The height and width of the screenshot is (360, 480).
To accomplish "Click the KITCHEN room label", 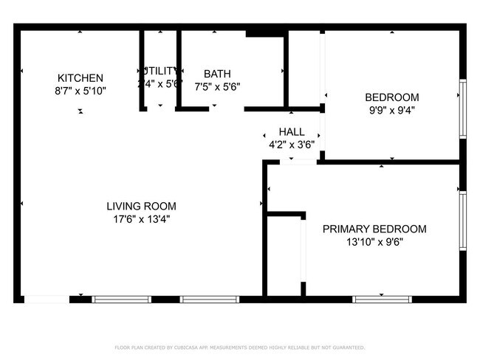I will (x=80, y=78).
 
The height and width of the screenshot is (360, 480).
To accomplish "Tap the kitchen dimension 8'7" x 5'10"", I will (x=80, y=91).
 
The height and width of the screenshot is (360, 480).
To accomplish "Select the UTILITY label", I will (x=160, y=71).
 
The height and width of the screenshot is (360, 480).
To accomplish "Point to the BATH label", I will (x=217, y=74).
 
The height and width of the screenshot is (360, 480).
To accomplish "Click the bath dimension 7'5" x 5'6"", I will (x=217, y=86).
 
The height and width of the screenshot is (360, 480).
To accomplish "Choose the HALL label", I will (x=292, y=132).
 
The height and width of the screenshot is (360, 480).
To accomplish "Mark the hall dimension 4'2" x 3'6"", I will (x=292, y=145).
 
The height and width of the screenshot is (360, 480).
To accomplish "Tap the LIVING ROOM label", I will (x=141, y=207).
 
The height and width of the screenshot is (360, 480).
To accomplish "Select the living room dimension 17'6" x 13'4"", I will (x=141, y=219).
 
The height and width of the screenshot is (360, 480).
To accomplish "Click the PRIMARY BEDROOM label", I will (x=374, y=229).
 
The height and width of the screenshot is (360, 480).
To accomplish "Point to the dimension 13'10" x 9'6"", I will (x=374, y=241).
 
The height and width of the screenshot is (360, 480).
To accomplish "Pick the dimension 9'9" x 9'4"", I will (x=391, y=110).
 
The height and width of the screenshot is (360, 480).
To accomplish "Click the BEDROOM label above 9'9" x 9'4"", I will (x=391, y=97).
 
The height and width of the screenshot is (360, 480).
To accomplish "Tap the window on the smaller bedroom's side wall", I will (x=462, y=108).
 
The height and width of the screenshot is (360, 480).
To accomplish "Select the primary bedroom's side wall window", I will (x=462, y=221).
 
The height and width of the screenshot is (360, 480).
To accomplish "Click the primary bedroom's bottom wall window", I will (x=382, y=300).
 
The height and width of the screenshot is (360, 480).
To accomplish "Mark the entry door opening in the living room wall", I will (x=47, y=300).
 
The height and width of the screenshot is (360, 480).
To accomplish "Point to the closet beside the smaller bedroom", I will (x=304, y=69).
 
